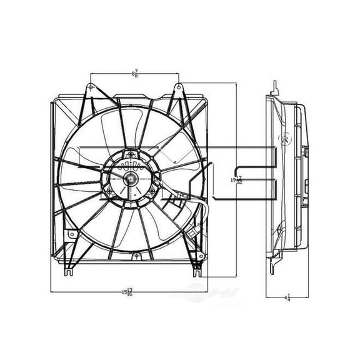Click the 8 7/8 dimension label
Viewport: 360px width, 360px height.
(x=135, y=73)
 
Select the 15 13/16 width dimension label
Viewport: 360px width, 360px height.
(x=127, y=291)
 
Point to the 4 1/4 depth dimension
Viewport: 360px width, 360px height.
(x=287, y=298)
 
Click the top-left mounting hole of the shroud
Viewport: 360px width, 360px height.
(x=92, y=86)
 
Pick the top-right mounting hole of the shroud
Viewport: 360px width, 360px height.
(x=178, y=86)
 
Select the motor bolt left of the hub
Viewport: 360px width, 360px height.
(x=109, y=190)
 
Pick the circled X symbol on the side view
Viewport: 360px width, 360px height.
(x=287, y=140)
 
